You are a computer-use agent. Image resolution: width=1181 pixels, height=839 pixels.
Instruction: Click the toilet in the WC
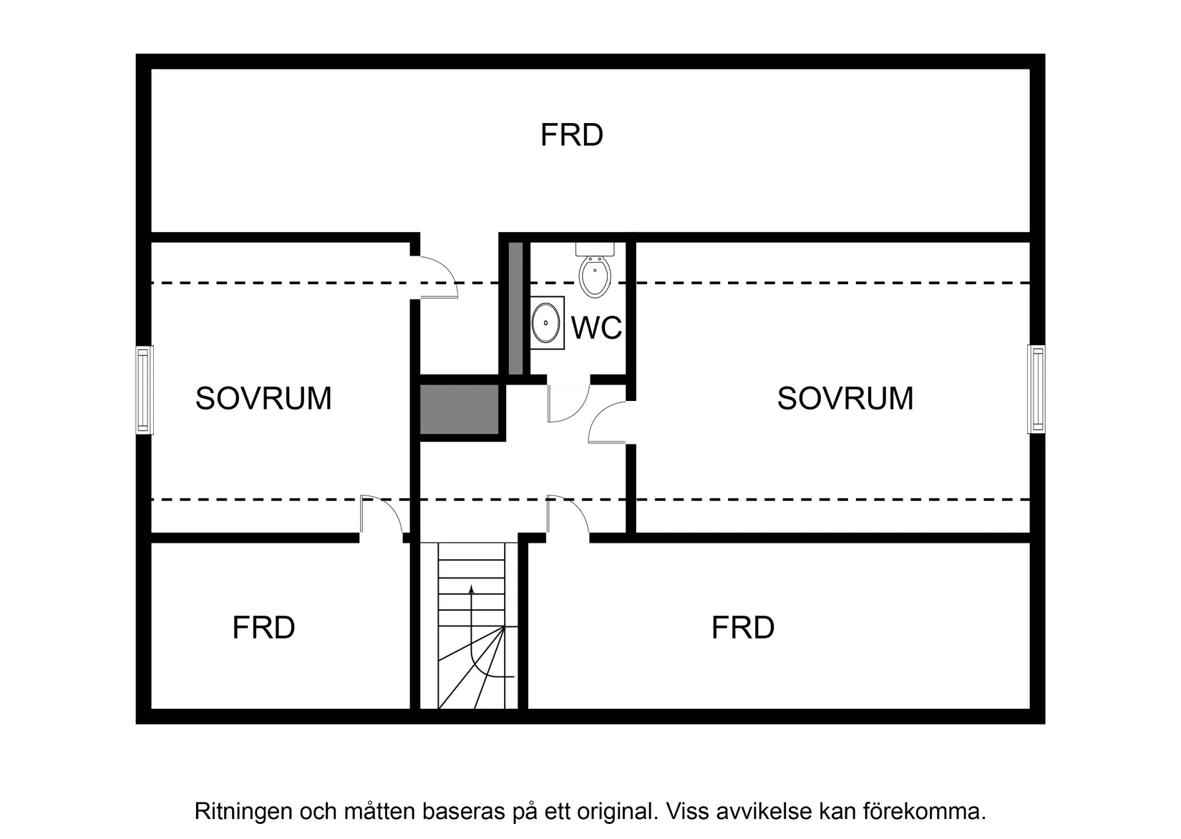pos(595,274)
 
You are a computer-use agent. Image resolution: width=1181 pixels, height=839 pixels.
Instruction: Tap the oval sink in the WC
pos(548,323)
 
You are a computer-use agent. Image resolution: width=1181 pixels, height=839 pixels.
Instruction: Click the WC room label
pos(596,329)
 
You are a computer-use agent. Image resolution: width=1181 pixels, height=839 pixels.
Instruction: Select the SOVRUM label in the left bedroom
pos(263,399)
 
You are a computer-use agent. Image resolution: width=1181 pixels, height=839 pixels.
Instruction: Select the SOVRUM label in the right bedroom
pos(845,399)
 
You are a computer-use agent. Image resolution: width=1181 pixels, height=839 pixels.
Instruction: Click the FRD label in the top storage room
pos(571,135)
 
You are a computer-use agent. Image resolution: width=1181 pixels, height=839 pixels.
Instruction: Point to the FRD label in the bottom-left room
pos(263,628)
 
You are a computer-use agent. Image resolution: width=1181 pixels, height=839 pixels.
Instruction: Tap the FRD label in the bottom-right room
pos(742,628)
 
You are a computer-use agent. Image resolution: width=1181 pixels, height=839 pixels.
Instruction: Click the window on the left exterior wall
pos(144,390)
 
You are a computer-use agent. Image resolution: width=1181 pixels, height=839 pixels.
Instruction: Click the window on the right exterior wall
pos(1036,389)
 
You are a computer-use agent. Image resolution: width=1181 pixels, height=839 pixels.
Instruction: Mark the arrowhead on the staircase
pos(471,589)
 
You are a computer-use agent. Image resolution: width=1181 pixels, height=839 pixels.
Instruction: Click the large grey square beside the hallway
pos(459,409)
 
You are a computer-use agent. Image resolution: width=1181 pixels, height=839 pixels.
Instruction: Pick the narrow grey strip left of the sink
pos(515,308)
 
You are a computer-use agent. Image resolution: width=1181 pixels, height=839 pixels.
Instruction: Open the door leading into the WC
pos(568,403)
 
